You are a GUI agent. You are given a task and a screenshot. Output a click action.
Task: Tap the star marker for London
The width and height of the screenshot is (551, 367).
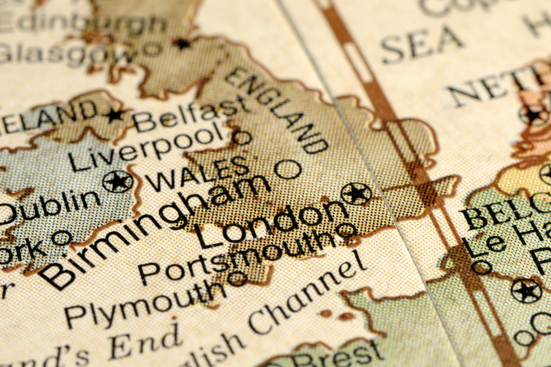(357, 194)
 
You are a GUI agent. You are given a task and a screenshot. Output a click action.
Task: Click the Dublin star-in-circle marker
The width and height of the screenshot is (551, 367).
(118, 181)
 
